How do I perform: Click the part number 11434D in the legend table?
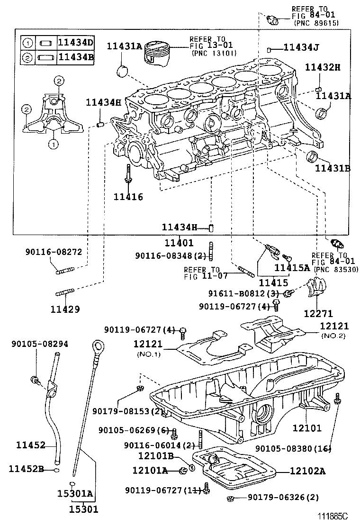pos(76,43)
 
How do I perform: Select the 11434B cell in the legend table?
pos(76,57)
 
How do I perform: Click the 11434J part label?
pos(301,47)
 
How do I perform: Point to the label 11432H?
pos(322,67)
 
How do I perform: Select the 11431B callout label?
pos(333,168)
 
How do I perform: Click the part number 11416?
pos(128,197)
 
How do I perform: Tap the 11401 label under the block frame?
pos(179,243)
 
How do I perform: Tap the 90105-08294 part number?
pos(39,344)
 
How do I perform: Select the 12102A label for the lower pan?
pos(308,471)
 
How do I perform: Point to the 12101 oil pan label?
pos(306,428)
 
